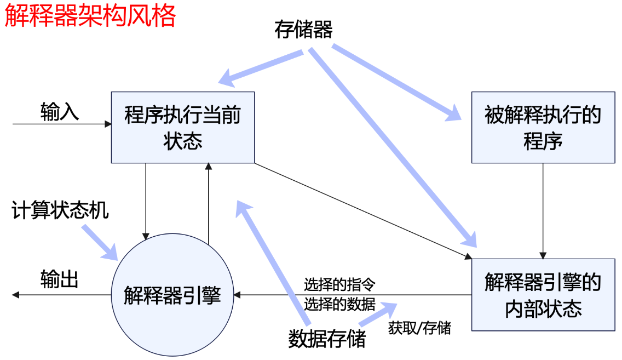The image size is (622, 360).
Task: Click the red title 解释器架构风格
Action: (90, 16)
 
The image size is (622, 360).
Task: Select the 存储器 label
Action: (303, 30)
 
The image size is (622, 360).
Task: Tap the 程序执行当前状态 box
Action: (182, 128)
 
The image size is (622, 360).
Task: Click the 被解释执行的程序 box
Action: (543, 128)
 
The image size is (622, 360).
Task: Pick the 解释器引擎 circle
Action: (172, 296)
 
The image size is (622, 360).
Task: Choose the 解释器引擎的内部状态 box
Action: (543, 295)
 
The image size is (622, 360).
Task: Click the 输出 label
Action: (60, 279)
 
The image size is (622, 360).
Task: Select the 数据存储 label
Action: (327, 339)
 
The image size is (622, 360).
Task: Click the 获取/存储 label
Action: (420, 328)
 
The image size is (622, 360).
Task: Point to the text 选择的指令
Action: (339, 285)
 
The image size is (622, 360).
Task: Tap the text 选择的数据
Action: (339, 304)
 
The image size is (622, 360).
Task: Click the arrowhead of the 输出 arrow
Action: (16, 295)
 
